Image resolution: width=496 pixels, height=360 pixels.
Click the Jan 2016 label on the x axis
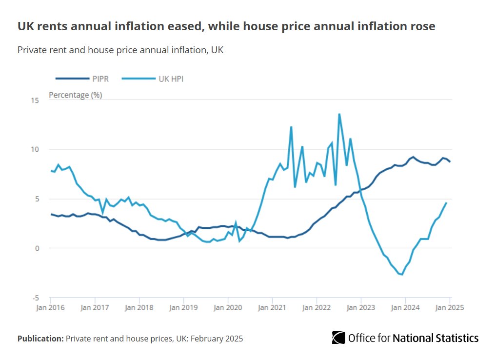click(50, 308)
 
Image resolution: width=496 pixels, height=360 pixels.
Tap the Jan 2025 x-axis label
click(449, 308)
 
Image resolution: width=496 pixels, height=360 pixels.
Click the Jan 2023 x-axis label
click(361, 308)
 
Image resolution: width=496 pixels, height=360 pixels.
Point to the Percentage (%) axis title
click(76, 95)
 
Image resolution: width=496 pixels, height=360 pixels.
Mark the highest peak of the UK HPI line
click(339, 114)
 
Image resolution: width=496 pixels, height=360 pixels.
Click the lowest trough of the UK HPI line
click(402, 275)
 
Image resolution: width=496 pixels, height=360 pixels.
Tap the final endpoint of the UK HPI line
click(446, 203)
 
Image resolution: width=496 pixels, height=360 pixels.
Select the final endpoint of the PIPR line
click(450, 162)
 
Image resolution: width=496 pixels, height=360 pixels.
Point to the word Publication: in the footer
click(40, 338)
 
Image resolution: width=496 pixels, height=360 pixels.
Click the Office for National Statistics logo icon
click(338, 338)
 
